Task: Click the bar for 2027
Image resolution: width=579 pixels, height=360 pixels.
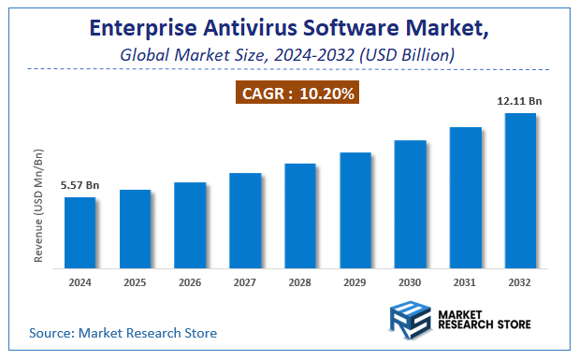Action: click(245, 219)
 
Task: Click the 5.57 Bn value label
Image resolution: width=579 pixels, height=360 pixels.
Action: click(80, 186)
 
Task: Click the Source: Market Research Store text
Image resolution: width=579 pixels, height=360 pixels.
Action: click(123, 332)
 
